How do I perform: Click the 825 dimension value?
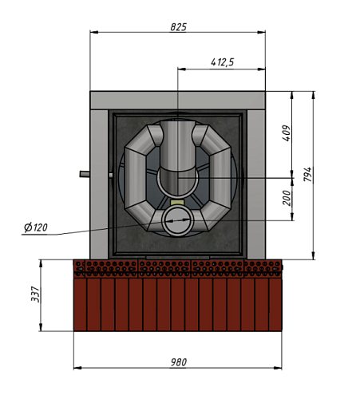tap(179, 27)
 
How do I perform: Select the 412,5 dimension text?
tap(223, 62)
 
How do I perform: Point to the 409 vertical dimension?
tap(287, 133)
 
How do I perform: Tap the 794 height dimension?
tap(307, 174)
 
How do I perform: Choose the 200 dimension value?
tap(287, 198)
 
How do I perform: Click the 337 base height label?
tap(35, 294)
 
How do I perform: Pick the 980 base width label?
tap(179, 362)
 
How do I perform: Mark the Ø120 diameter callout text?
tap(36, 227)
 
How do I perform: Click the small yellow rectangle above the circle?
tap(177, 203)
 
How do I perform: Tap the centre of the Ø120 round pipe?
tap(177, 220)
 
